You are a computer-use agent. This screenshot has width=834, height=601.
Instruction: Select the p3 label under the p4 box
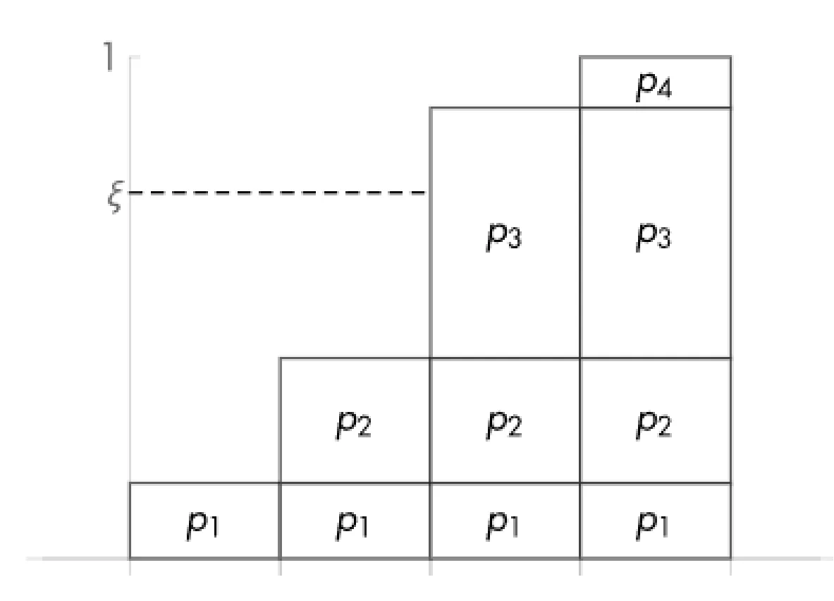coord(654,238)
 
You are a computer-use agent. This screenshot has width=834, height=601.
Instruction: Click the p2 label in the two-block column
coord(354,425)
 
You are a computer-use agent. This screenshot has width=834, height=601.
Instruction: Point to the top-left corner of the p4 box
coord(580,57)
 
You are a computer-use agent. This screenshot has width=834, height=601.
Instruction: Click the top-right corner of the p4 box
coord(730,57)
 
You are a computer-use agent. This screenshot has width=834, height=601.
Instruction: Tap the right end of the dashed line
coord(425,192)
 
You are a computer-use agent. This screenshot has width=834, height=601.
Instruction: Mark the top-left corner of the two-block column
coord(281,358)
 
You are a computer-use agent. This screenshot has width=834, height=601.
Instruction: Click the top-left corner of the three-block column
coord(430,108)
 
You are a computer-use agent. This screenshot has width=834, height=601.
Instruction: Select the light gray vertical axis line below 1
coord(130,317)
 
